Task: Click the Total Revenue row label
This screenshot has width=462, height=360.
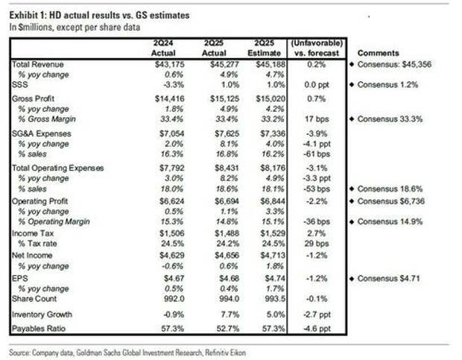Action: [x=37, y=66]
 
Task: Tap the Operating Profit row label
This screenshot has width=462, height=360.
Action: [x=40, y=201]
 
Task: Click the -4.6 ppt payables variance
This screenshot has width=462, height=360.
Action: [x=314, y=327]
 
